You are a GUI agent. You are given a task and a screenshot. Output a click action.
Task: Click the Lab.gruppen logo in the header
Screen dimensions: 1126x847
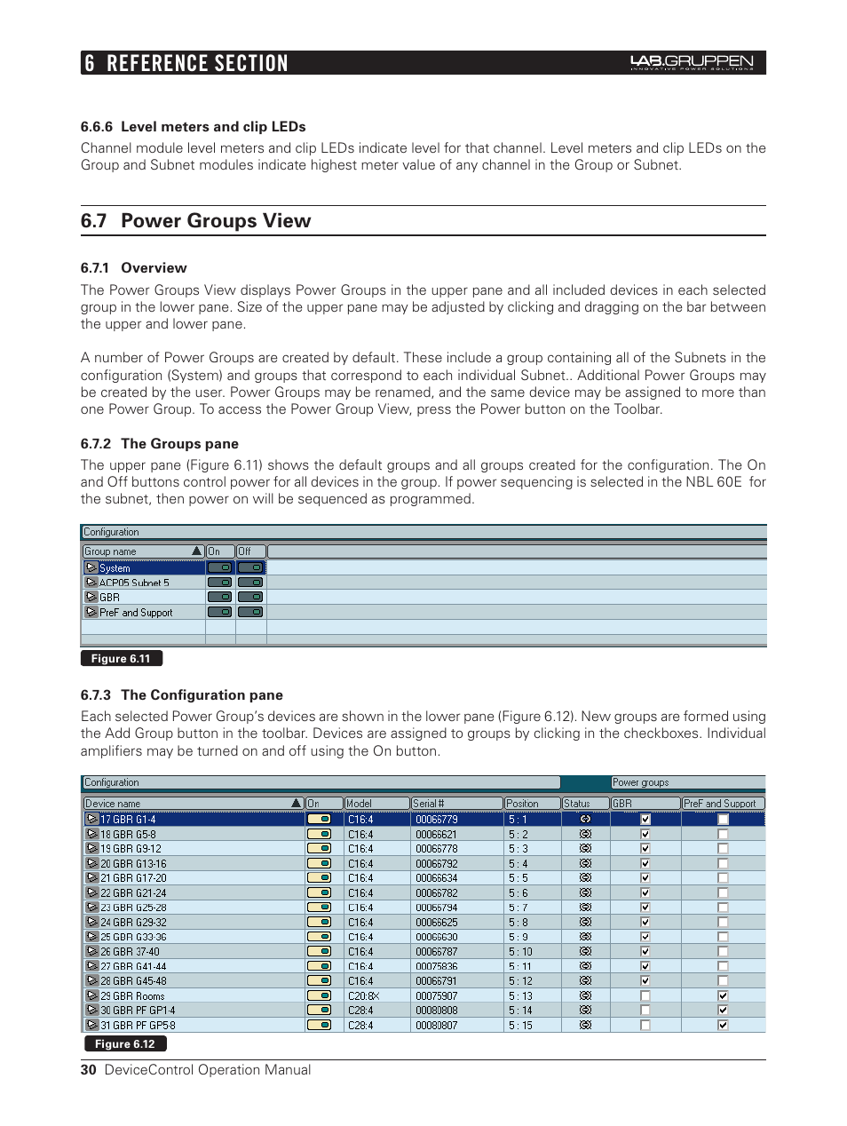(692, 62)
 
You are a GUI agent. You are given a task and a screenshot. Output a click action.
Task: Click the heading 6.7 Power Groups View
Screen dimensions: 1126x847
(195, 221)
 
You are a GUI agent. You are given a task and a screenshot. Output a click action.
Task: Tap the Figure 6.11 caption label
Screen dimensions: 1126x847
(121, 659)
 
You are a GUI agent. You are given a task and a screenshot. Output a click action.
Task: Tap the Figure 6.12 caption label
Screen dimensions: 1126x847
(124, 1044)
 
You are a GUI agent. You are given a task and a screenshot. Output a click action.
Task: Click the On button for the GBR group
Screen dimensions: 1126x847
(219, 598)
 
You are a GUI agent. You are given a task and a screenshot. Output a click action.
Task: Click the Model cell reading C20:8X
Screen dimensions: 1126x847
(363, 996)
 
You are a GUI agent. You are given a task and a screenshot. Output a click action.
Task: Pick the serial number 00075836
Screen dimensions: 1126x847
(437, 967)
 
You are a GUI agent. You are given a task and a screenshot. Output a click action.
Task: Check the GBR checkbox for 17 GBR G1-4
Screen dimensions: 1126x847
(645, 820)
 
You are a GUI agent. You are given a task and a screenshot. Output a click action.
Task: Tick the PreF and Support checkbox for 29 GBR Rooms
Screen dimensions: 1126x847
(723, 996)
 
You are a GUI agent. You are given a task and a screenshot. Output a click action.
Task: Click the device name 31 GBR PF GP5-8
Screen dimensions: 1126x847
(138, 1026)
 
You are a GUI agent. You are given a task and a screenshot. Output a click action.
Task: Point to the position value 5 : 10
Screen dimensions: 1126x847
(520, 952)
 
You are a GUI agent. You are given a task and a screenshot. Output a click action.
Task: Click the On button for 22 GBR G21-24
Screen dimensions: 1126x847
(319, 893)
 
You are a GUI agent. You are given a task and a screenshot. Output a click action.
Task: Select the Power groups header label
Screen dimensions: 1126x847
(641, 783)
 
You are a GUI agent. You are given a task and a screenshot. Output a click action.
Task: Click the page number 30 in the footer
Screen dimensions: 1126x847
(88, 1070)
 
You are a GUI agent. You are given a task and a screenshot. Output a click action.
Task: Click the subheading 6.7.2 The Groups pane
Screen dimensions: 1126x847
(160, 444)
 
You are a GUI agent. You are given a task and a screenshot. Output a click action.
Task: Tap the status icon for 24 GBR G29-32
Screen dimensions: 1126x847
(585, 923)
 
